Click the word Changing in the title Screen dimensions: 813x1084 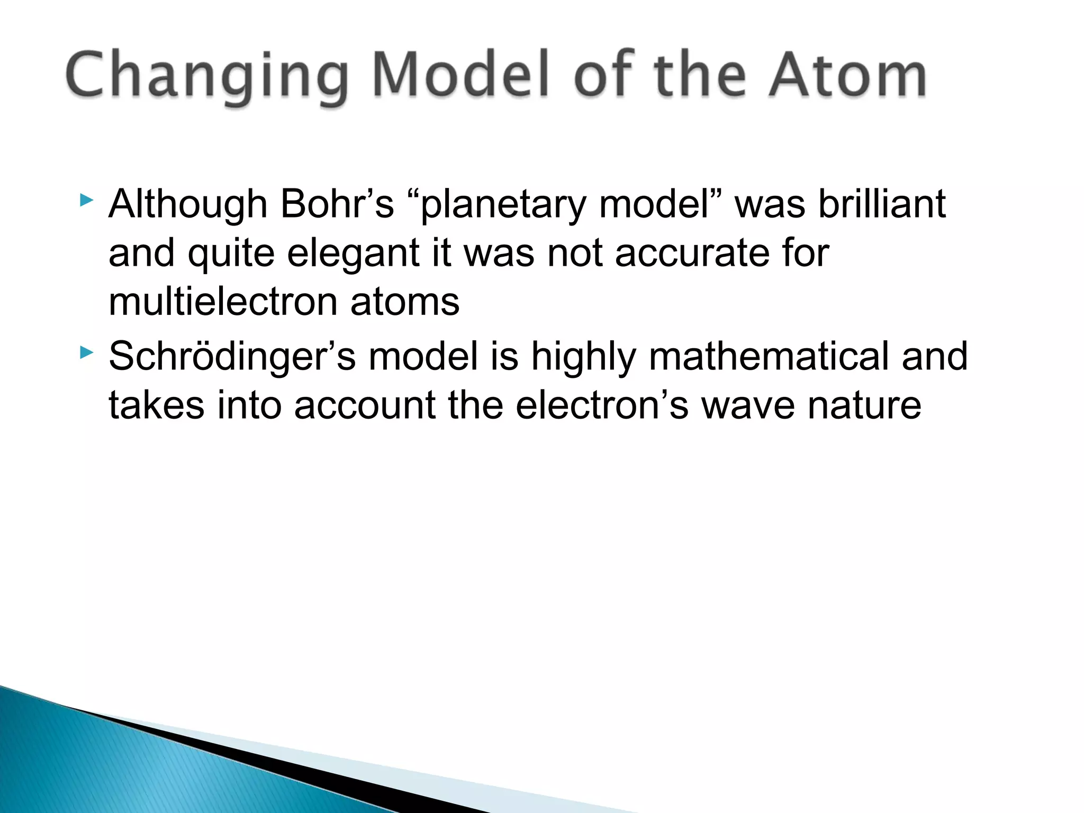coord(206,77)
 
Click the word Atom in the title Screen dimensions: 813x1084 coord(847,77)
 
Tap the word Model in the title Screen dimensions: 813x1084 coord(460,77)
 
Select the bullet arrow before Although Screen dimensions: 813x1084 coord(86,200)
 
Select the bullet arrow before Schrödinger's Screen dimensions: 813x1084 coord(86,352)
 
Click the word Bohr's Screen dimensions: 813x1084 coord(337,204)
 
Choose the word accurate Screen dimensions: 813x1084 coord(692,253)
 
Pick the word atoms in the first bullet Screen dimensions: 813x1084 coord(405,303)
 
